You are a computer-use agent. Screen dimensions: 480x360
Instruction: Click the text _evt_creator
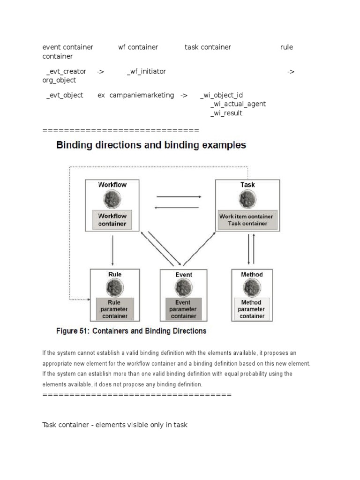pos(66,71)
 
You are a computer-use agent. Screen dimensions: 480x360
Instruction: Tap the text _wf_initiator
pos(146,71)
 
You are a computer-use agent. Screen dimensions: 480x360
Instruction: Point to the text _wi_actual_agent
pos(238,104)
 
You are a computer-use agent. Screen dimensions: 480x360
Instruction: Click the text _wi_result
pos(226,113)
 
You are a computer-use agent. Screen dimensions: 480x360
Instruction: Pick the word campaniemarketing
pos(142,95)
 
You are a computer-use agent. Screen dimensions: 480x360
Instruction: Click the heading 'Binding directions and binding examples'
pos(151,145)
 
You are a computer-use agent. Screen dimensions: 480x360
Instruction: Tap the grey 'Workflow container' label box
pos(112,220)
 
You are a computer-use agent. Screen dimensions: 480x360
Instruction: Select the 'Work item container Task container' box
pos(247,220)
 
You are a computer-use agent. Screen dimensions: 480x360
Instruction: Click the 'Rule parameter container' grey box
pos(114,309)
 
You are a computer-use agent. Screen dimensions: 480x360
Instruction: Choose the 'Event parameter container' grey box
pos(183,309)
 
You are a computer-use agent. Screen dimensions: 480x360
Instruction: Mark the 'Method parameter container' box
pos(252,309)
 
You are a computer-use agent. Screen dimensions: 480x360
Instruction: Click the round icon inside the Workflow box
pos(112,200)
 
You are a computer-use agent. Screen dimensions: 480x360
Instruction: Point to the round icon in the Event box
pos(183,288)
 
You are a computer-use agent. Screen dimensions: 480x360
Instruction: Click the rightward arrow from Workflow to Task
pos(179,197)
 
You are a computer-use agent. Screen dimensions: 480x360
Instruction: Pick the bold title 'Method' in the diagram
pos(252,274)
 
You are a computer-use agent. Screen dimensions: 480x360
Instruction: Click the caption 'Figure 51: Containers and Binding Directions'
pos(131,331)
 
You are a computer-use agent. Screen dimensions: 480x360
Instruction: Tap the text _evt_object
pos(65,95)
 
